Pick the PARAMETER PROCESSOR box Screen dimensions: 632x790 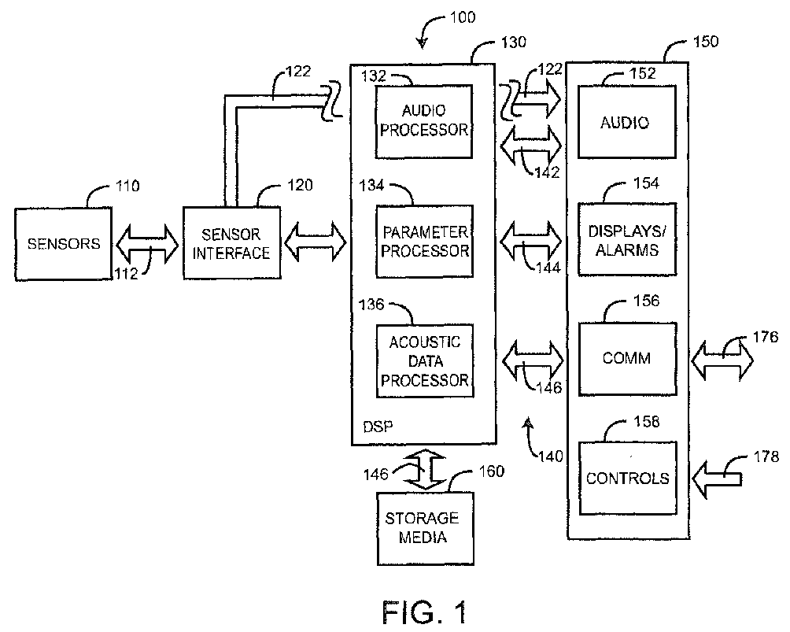(424, 241)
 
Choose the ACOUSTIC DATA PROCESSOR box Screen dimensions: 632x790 (424, 361)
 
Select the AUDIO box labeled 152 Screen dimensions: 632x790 (626, 122)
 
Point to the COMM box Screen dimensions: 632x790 (626, 358)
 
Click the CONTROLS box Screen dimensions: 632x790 (627, 478)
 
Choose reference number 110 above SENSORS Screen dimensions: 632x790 (127, 187)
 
